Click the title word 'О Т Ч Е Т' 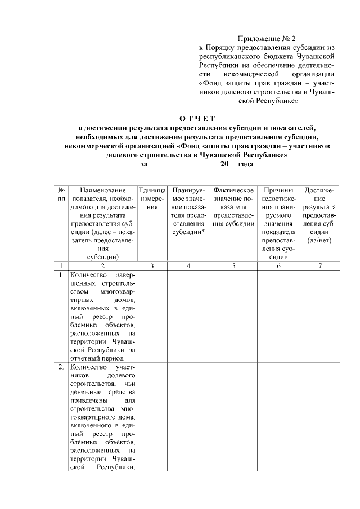197,118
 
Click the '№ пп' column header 61,195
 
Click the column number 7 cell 320,265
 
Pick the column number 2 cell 102,265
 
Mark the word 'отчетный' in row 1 94,357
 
